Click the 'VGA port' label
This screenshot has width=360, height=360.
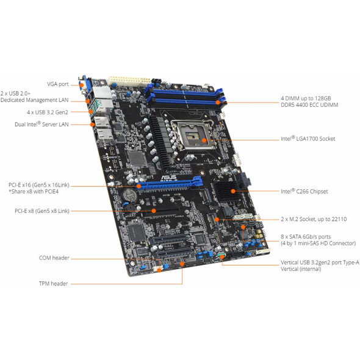click(x=58, y=84)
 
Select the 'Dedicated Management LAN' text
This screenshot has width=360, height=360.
click(x=34, y=99)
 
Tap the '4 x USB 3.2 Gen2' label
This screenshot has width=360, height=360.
click(x=47, y=112)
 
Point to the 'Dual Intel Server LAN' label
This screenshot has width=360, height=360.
click(x=41, y=124)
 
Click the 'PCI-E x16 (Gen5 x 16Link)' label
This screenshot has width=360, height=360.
click(x=38, y=184)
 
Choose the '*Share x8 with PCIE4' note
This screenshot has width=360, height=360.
click(x=33, y=192)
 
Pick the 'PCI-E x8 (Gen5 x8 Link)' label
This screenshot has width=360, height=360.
click(x=41, y=211)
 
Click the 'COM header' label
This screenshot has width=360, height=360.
click(x=52, y=257)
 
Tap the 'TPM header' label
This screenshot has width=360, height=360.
click(x=52, y=283)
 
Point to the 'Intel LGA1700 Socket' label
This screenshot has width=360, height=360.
click(x=308, y=139)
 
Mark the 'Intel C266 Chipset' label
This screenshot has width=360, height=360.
click(x=306, y=191)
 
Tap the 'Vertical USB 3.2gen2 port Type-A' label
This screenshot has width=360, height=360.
click(x=317, y=262)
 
